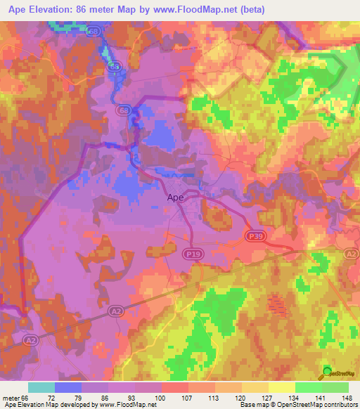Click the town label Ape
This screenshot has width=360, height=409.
coord(175,197)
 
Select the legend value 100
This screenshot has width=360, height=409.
coord(162,398)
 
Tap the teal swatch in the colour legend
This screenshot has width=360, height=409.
coord(41,387)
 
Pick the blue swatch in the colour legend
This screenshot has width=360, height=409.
coord(68,387)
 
